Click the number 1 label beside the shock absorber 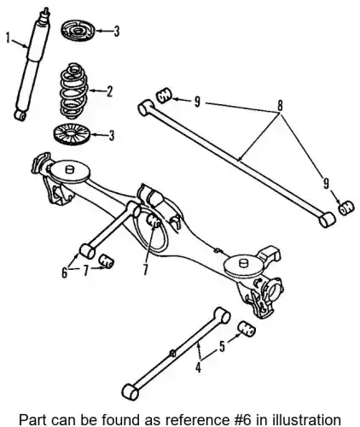(x=9, y=38)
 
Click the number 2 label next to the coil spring (x=109, y=91)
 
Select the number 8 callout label (x=280, y=106)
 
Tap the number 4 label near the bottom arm (x=198, y=367)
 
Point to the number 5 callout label (x=222, y=346)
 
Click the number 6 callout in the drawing (x=65, y=272)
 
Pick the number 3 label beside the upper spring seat (x=116, y=32)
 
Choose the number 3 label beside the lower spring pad (x=111, y=136)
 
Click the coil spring (x=74, y=91)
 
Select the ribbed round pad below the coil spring (x=72, y=134)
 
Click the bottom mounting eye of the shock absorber (x=20, y=115)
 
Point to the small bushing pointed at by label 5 (x=247, y=329)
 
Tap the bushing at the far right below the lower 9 (x=346, y=208)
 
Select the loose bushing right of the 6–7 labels (x=107, y=261)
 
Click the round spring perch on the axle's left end (x=69, y=171)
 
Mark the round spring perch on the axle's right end (x=242, y=266)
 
